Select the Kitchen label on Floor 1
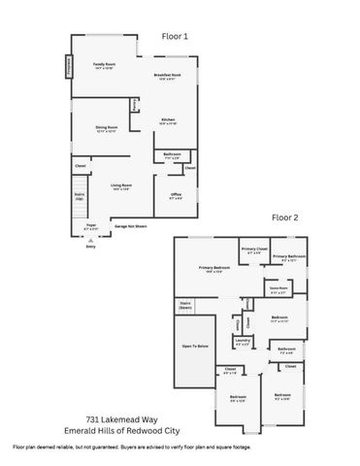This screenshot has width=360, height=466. tap(167, 120)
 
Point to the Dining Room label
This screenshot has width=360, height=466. tap(106, 127)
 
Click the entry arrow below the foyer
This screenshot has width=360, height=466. tap(90, 240)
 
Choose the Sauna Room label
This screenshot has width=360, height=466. tap(277, 289)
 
